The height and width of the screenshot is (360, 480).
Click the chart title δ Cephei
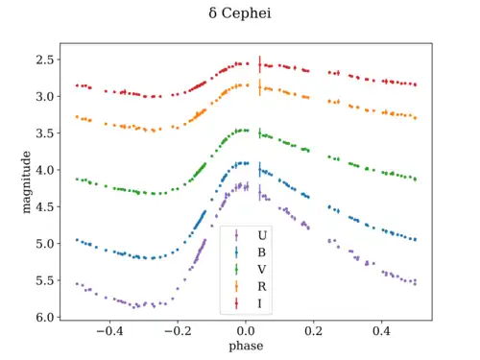point(240,13)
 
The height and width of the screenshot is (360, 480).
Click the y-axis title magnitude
point(26,182)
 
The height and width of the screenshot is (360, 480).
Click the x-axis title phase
point(246,347)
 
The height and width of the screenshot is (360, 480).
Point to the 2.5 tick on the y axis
point(45,60)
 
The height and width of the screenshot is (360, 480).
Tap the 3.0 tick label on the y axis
point(45,96)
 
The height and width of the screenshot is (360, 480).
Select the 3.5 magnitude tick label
point(45,133)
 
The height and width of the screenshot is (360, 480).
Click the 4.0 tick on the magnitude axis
point(45,170)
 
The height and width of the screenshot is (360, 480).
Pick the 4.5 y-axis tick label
point(45,206)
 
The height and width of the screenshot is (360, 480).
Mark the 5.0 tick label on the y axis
point(45,244)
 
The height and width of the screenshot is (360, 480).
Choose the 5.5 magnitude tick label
point(45,280)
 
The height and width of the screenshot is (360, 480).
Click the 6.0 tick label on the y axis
point(45,317)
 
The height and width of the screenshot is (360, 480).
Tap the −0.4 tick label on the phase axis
point(109,331)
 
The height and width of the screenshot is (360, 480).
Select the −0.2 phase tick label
point(178,331)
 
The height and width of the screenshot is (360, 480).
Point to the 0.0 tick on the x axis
point(246,331)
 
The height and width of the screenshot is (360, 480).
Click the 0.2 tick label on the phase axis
point(314,331)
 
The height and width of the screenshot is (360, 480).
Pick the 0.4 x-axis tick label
point(381,331)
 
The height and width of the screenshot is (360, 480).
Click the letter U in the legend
point(262,235)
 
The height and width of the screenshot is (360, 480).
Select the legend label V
point(262,270)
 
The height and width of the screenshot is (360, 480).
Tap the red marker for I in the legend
point(236,303)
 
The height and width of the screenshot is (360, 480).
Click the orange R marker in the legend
point(236,286)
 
